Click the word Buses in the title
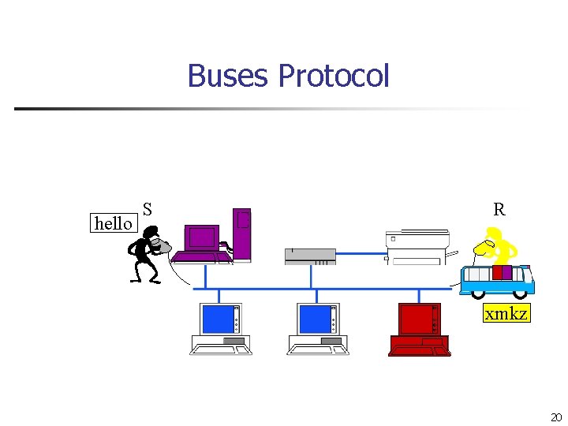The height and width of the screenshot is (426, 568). [x=230, y=77]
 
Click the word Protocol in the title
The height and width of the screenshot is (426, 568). [x=334, y=77]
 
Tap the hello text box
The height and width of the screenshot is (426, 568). [x=113, y=224]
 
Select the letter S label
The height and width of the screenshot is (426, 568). [x=148, y=210]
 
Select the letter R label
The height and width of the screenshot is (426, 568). [x=499, y=210]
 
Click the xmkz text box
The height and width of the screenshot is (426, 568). [x=506, y=314]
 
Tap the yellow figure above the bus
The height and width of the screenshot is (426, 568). [x=496, y=245]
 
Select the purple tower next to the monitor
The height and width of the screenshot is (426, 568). [x=241, y=234]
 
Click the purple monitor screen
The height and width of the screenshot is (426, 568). [x=201, y=237]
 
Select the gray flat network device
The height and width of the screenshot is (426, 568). [x=310, y=256]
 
